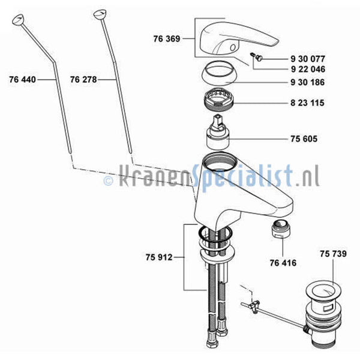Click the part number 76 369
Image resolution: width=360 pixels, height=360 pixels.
click(x=167, y=39)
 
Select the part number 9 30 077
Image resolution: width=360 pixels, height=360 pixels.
click(x=308, y=59)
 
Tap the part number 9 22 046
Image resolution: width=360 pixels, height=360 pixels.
click(x=308, y=69)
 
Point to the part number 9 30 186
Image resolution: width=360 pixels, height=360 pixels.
click(x=308, y=82)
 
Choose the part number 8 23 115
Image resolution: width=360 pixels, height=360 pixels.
click(x=307, y=103)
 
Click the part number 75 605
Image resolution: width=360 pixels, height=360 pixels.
click(x=304, y=139)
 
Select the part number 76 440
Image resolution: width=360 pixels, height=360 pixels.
click(x=23, y=80)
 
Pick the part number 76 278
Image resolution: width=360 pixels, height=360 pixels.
click(x=83, y=80)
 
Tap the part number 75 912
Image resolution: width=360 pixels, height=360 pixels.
click(x=159, y=257)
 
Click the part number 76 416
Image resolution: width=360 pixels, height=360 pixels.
click(x=283, y=263)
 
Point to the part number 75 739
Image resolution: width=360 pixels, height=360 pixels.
click(x=333, y=254)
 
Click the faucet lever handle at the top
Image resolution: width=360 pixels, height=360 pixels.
click(x=239, y=38)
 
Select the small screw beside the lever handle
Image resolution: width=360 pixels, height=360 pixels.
click(x=256, y=57)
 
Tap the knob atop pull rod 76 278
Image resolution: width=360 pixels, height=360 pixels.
click(x=100, y=14)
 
